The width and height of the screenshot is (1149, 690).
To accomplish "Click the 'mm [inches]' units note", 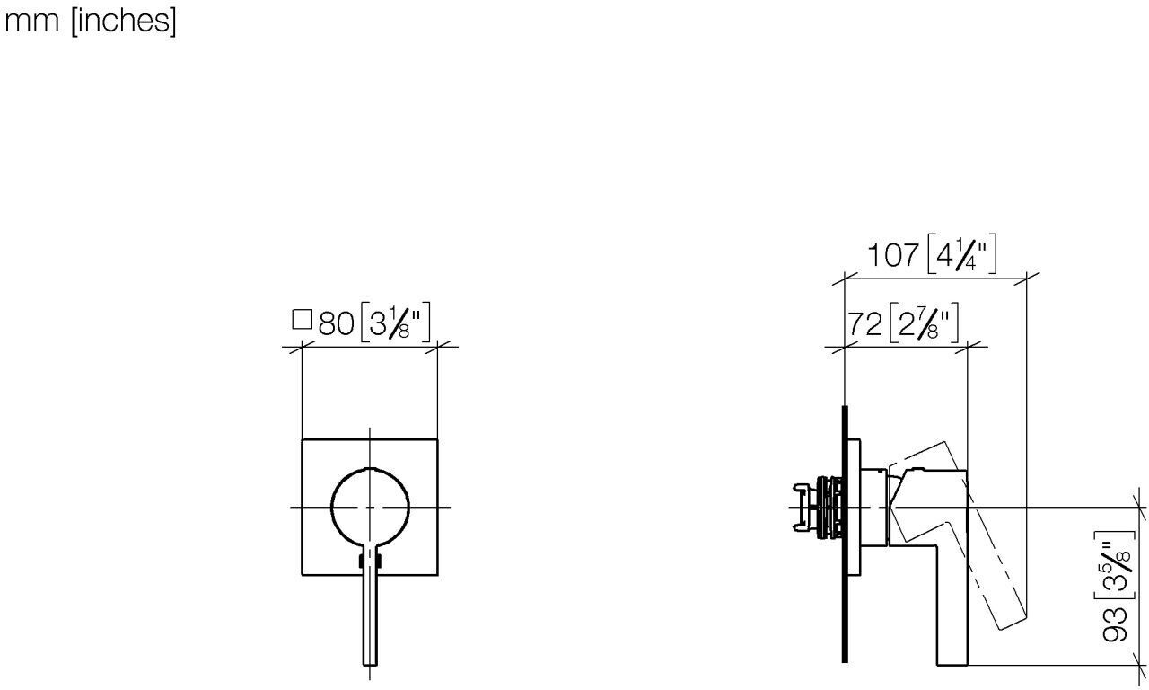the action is coord(90,22).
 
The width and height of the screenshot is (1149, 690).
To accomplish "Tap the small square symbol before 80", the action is coord(303,319).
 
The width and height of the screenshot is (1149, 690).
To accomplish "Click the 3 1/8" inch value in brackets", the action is coord(396,323).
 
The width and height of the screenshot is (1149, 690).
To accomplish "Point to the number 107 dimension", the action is coord(893,255).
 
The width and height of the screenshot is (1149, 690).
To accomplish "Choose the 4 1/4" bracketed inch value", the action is coord(961,253).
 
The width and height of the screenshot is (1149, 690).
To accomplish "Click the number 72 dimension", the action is coord(864,324).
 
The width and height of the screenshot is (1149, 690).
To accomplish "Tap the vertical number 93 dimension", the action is coord(1114,624).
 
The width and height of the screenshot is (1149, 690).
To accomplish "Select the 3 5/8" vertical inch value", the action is coord(1113,565).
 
